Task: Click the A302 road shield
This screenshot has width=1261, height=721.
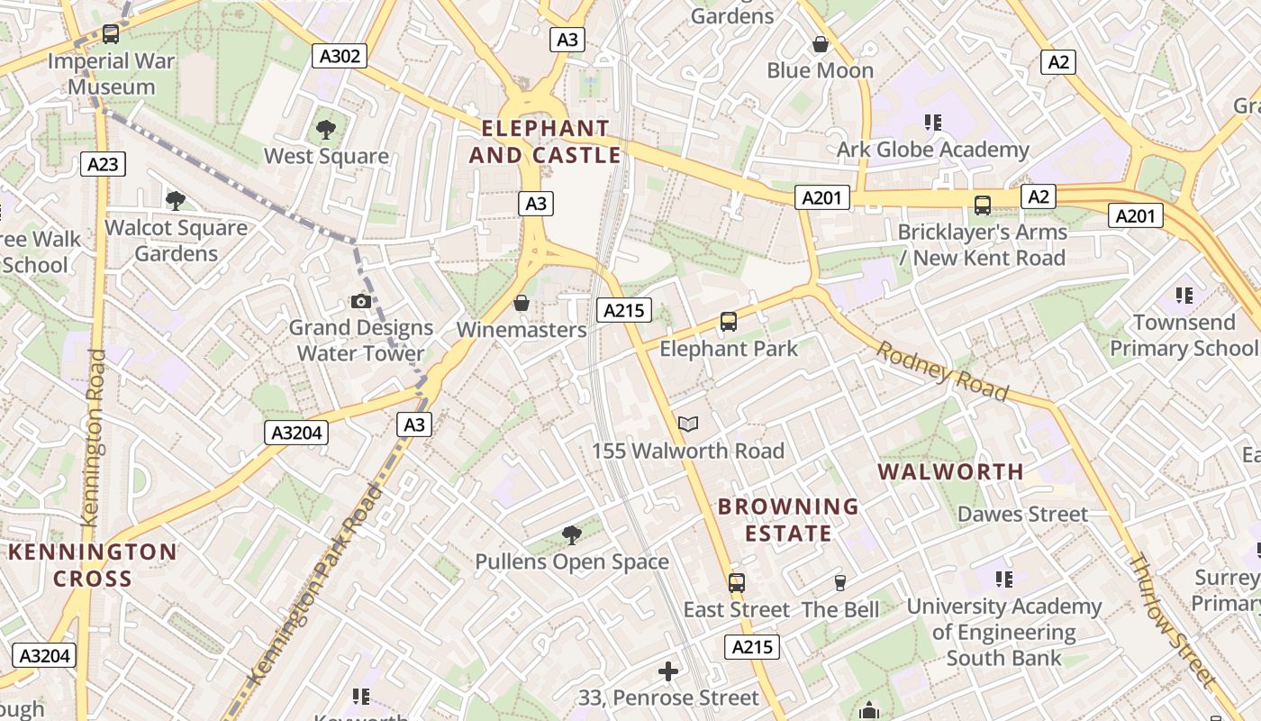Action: click(x=340, y=57)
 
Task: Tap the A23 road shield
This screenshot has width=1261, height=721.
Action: click(x=103, y=164)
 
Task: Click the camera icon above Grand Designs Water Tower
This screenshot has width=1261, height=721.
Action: click(x=361, y=301)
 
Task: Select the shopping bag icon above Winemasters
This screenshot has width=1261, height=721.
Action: click(x=521, y=303)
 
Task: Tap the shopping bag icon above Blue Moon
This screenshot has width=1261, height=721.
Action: click(x=821, y=43)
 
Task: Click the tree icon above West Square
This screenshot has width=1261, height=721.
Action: click(x=326, y=130)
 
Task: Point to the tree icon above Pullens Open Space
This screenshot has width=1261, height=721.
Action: click(x=571, y=535)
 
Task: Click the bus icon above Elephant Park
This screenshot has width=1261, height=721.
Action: click(x=729, y=321)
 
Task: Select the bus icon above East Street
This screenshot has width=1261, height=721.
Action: click(x=737, y=583)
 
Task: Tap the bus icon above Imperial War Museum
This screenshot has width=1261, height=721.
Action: click(x=111, y=34)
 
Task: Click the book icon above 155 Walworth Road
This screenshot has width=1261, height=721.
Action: click(x=688, y=424)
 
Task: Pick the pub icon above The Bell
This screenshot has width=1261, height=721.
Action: click(x=840, y=583)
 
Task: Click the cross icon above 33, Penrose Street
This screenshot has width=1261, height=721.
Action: click(x=668, y=671)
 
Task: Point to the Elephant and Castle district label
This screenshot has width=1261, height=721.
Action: click(x=545, y=141)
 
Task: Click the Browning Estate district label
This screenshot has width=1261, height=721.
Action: click(x=788, y=520)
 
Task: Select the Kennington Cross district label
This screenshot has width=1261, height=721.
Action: click(x=93, y=565)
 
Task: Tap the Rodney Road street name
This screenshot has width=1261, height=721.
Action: click(x=942, y=370)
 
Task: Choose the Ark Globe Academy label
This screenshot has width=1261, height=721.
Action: click(x=933, y=150)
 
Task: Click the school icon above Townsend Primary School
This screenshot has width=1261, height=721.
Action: click(x=1184, y=296)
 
